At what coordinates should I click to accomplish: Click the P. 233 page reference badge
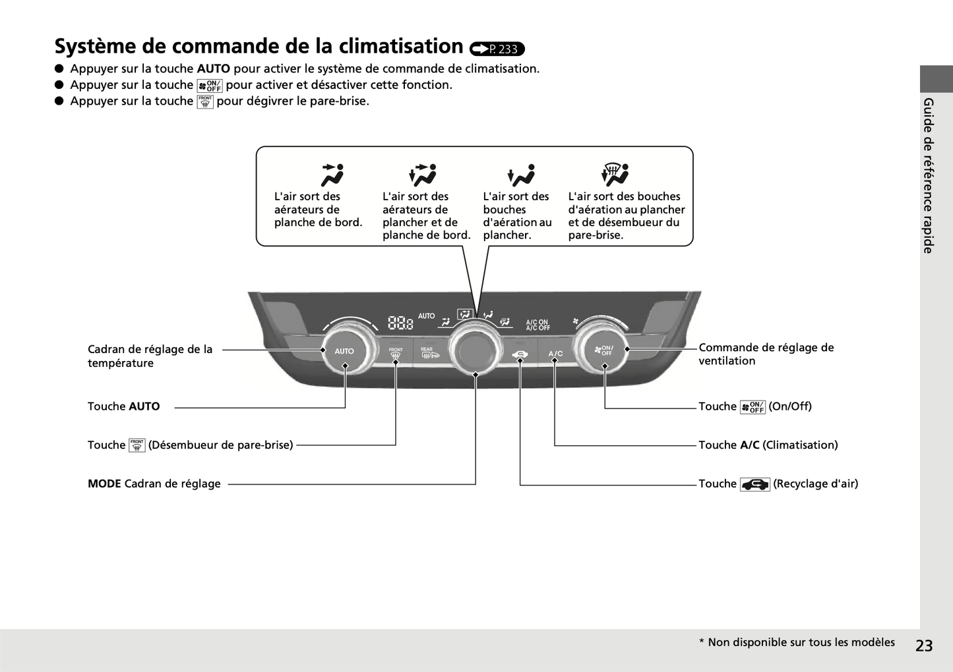click(x=497, y=49)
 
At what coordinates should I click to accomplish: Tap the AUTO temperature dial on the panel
click(x=344, y=351)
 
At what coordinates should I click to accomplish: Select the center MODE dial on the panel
click(x=476, y=349)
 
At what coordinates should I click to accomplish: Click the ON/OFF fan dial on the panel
click(x=604, y=350)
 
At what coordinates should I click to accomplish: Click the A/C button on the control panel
click(x=555, y=354)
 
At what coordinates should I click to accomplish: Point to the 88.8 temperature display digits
click(x=400, y=323)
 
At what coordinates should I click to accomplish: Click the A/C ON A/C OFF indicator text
click(x=538, y=325)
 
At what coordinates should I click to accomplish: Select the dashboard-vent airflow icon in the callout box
click(x=332, y=175)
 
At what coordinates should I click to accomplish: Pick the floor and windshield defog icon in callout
click(x=615, y=175)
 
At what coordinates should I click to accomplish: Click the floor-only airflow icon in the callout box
click(x=521, y=175)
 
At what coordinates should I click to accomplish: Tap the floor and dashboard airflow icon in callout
click(x=423, y=175)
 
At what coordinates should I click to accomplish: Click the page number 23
click(x=924, y=646)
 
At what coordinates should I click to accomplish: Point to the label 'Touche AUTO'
click(x=124, y=406)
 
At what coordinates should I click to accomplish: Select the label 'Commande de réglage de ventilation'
click(x=766, y=354)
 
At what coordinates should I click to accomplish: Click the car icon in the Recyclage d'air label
click(x=754, y=485)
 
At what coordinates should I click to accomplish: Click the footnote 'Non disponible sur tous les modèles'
click(x=801, y=642)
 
